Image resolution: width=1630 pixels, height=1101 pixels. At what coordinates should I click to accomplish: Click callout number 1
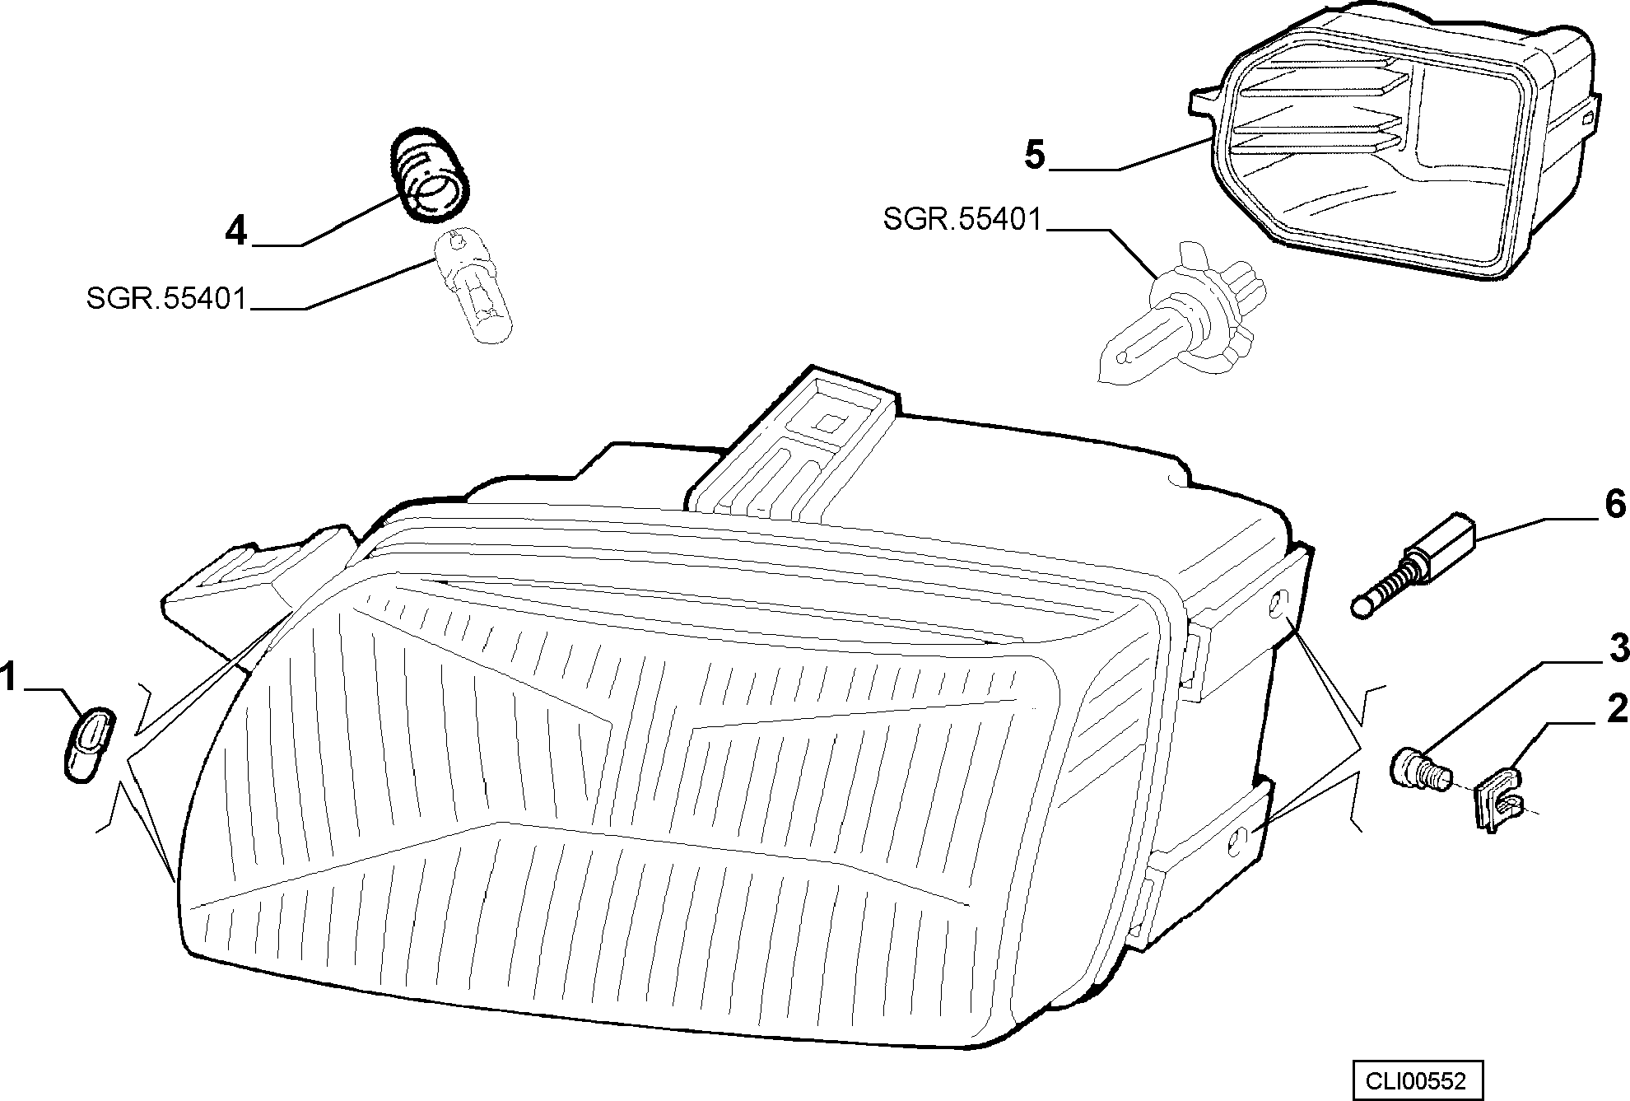click(9, 679)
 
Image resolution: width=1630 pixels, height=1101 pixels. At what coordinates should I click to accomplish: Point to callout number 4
click(236, 231)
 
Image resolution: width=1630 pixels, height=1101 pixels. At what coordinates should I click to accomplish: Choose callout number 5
click(1035, 155)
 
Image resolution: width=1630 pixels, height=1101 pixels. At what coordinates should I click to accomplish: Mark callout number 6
click(1615, 504)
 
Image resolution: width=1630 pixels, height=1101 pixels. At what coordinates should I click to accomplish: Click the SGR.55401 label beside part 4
click(166, 299)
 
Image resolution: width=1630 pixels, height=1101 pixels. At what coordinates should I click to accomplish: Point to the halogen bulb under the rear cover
click(1181, 312)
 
